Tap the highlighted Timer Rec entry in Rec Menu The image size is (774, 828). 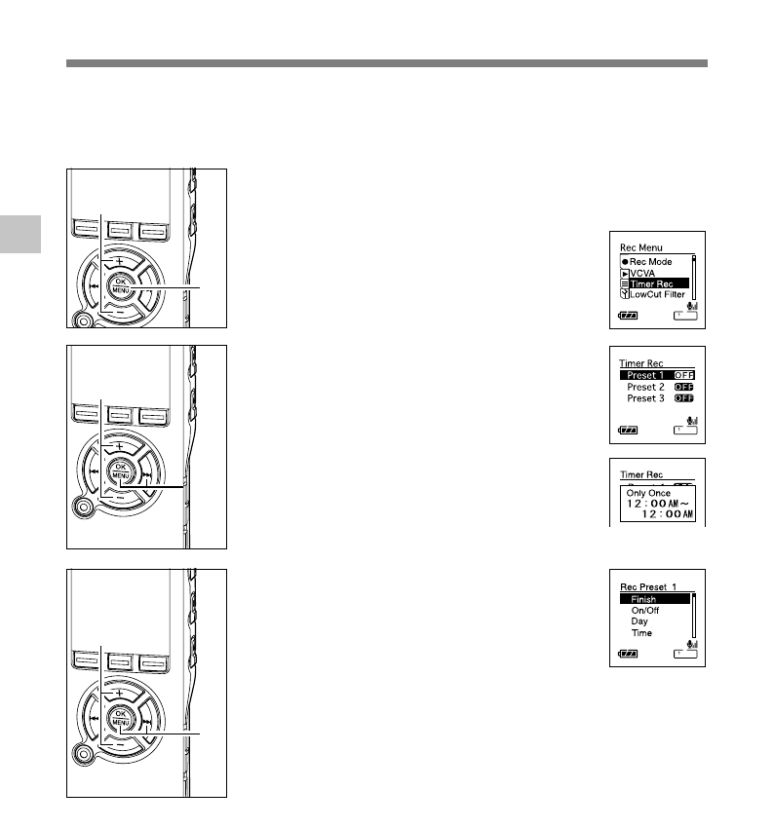654,283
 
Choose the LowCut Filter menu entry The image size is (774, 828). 658,294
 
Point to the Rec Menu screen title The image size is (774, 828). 640,247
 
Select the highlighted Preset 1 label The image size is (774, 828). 645,375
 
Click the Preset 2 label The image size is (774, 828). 645,387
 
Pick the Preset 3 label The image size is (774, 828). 645,398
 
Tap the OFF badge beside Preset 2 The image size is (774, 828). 684,387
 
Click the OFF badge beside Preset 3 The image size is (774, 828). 684,398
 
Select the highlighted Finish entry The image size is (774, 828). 643,599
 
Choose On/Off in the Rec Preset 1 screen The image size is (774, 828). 645,611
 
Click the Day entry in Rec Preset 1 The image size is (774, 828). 639,621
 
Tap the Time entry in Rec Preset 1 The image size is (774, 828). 641,633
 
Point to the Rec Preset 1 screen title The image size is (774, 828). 648,586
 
